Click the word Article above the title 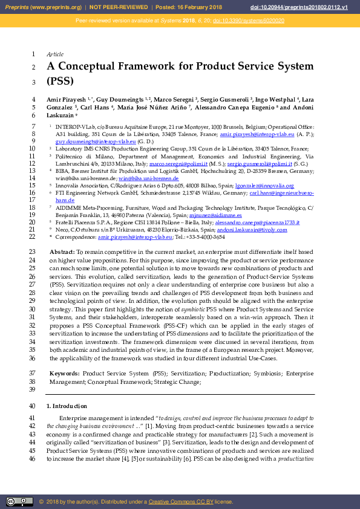[x=55, y=54]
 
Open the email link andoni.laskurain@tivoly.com [x=242, y=230]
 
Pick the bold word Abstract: [x=62, y=251]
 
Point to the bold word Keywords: [x=64, y=374]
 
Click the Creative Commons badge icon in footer [x=19, y=502]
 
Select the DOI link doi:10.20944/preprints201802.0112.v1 [x=307, y=7]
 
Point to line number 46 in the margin [x=32, y=459]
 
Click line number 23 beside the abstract [x=32, y=251]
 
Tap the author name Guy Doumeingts [x=120, y=99]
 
